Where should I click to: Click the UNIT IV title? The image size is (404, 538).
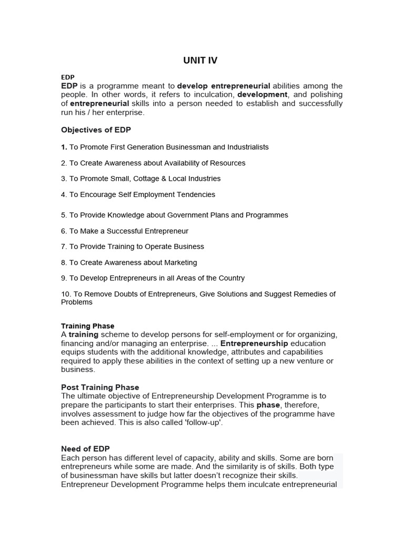click(x=200, y=60)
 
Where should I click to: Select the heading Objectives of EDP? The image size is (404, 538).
click(x=96, y=130)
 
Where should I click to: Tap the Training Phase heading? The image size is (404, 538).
click(x=87, y=326)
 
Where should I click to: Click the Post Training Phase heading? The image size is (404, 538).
click(x=100, y=387)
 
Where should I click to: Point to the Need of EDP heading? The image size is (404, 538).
click(x=85, y=449)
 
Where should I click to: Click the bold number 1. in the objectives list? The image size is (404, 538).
click(x=64, y=147)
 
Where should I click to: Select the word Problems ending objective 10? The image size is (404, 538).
click(x=76, y=302)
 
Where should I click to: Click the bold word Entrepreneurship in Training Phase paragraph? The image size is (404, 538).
click(x=254, y=343)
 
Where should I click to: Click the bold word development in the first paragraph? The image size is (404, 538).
click(x=262, y=95)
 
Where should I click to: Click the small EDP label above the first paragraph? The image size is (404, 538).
click(x=68, y=77)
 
